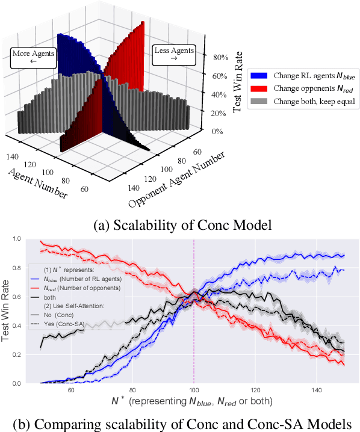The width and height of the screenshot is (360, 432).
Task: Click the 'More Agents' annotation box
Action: click(33, 57)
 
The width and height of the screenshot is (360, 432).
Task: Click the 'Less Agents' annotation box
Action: click(174, 55)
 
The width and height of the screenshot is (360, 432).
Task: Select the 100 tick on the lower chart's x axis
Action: click(194, 390)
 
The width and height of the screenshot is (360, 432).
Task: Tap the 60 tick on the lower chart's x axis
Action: click(71, 390)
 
